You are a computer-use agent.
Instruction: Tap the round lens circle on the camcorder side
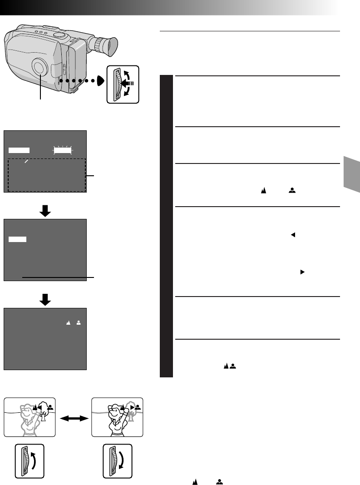[x=40, y=68]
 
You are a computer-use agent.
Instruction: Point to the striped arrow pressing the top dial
[x=128, y=83]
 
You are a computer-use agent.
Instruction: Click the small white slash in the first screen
[x=27, y=161]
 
